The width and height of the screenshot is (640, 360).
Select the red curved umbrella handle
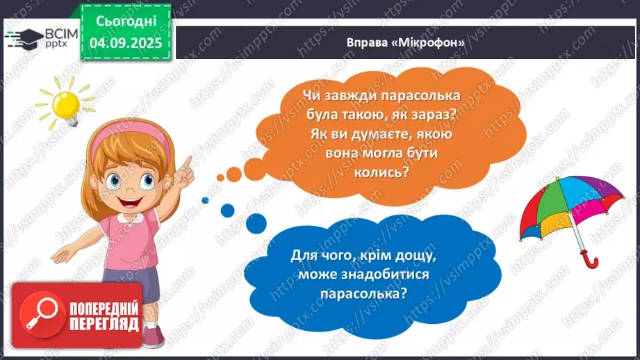(591, 260)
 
